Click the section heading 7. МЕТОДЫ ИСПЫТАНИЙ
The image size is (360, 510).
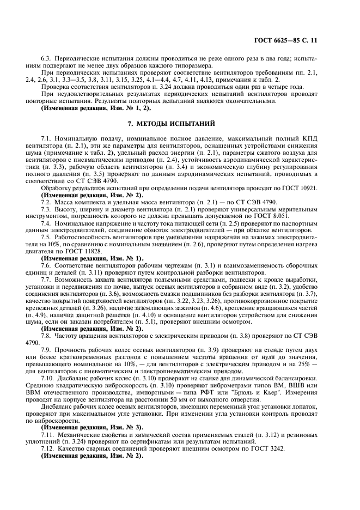tap(180, 123)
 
